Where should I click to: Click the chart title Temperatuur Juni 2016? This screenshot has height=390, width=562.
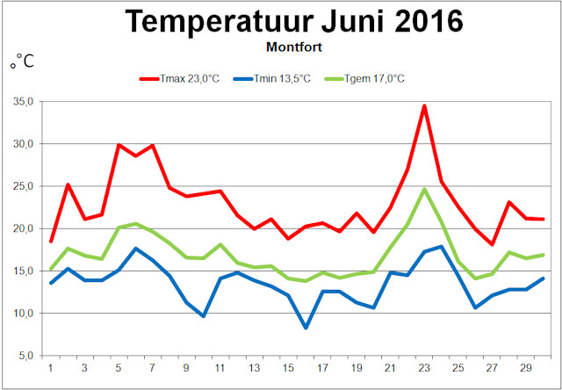294,21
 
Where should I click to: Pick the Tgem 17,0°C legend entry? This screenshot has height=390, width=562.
365,78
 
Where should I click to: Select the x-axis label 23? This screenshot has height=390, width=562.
424,367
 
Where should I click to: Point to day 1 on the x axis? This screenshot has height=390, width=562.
51,367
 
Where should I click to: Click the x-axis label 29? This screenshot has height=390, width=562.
525,367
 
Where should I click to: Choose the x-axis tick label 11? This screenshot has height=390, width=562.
220,367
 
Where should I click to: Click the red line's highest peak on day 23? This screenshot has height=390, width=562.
424,106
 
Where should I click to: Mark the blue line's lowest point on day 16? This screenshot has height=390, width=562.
306,328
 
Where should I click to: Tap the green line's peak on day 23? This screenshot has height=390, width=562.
424,189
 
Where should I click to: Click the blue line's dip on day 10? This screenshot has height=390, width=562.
204,316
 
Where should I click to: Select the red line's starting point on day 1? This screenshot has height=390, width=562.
51,241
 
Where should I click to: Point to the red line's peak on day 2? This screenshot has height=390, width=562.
68,184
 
